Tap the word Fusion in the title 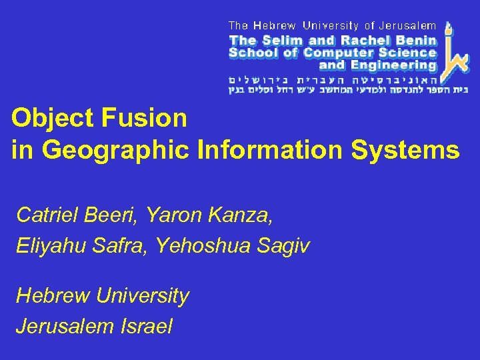point(143,119)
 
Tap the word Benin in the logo point(415,40)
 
